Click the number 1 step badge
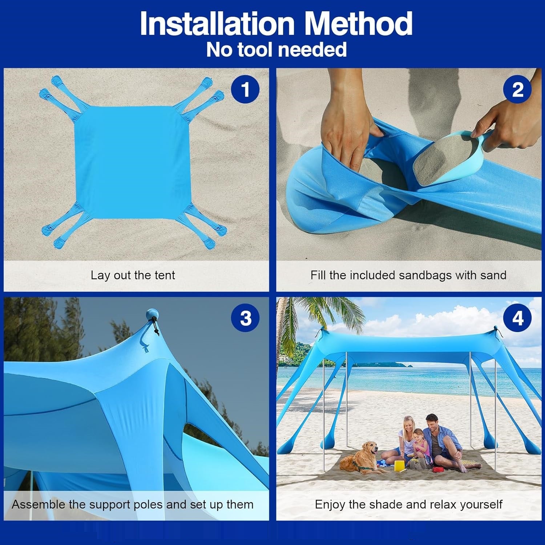pyautogui.click(x=245, y=89)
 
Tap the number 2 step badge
pyautogui.click(x=517, y=89)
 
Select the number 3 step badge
pyautogui.click(x=245, y=318)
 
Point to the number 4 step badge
pyautogui.click(x=517, y=318)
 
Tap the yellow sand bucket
pyautogui.click(x=399, y=466)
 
